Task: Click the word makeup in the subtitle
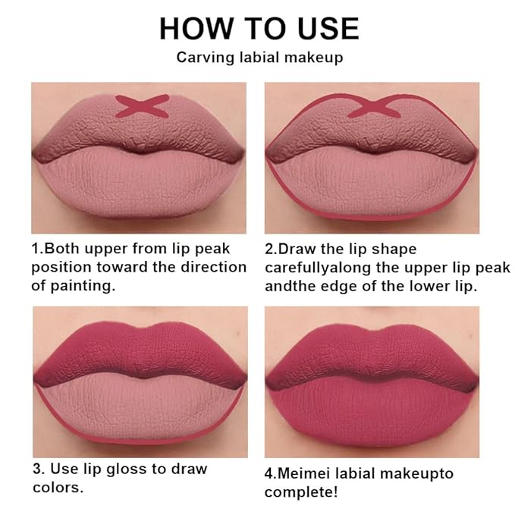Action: coord(314,58)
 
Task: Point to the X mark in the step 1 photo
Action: coord(143,106)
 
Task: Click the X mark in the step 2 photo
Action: coord(374,107)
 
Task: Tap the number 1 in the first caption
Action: coord(35,249)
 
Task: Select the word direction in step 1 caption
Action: coord(214,267)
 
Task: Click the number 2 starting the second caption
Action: coord(269,249)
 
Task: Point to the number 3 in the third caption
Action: coord(37,469)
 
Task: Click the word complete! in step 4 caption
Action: coord(301,493)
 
